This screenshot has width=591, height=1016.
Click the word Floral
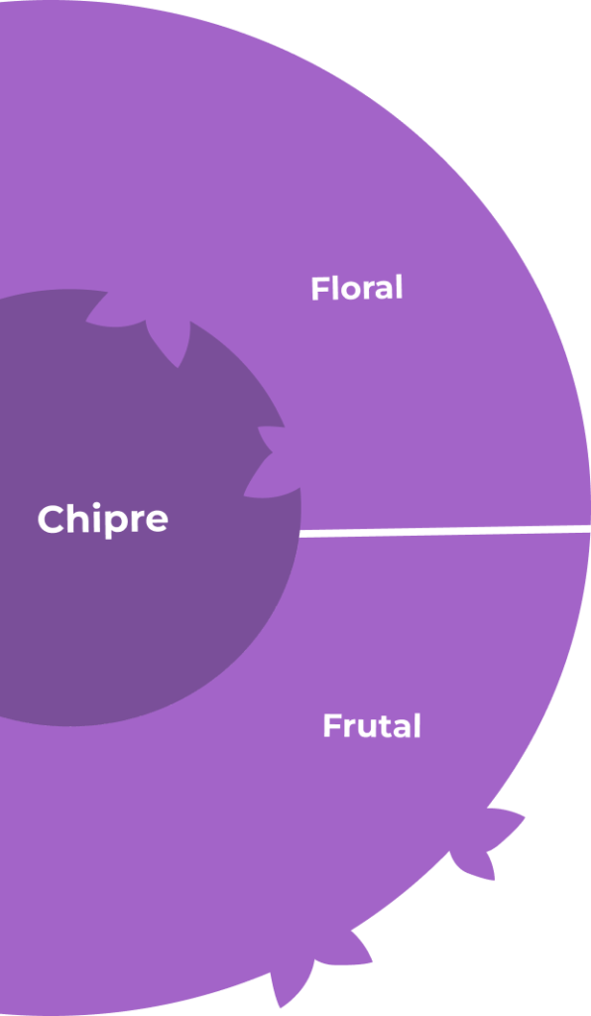[357, 289]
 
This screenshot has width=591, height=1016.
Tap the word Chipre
[103, 519]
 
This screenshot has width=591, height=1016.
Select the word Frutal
[372, 725]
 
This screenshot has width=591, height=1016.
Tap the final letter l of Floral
[399, 289]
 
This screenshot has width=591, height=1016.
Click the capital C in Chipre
[51, 519]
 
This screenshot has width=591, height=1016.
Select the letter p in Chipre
[117, 524]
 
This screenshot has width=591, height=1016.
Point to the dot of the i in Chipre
[96, 505]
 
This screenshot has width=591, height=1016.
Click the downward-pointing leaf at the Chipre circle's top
[170, 342]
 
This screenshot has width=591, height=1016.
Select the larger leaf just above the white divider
[271, 478]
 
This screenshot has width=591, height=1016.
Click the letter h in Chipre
[77, 518]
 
